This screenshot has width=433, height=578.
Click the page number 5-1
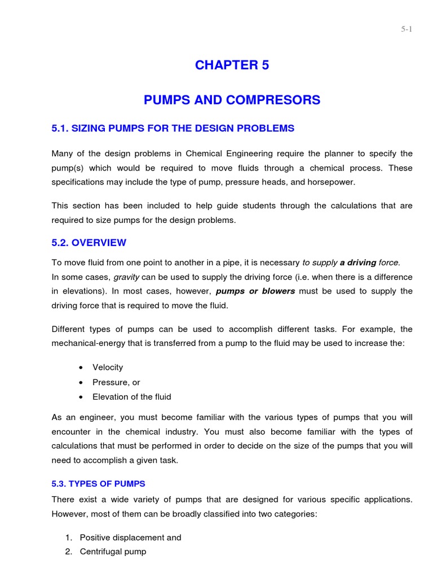(407, 29)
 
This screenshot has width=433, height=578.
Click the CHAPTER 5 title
(232, 65)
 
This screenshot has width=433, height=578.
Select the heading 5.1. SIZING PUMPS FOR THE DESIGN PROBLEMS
(173, 129)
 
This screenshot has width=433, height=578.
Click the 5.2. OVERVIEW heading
(89, 243)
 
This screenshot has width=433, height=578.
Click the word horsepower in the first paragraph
(334, 182)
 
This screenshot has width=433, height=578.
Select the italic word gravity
(126, 277)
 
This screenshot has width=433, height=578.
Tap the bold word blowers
(279, 291)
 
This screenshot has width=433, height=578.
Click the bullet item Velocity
(108, 367)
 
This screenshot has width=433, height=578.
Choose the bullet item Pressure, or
(116, 382)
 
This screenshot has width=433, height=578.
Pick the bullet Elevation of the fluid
(132, 397)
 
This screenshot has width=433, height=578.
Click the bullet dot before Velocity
(81, 367)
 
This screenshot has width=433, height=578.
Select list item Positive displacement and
(130, 537)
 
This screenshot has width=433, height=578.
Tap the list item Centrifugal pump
(113, 551)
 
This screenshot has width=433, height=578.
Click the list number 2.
(68, 551)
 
